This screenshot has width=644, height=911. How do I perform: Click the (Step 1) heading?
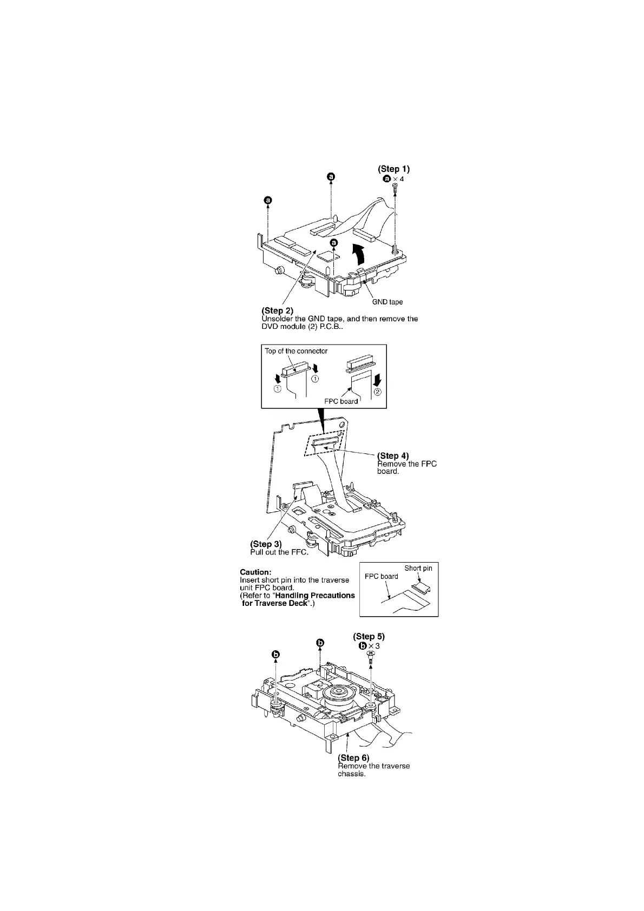click(397, 169)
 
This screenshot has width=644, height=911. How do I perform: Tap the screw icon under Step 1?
click(395, 188)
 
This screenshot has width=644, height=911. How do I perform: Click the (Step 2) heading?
click(277, 311)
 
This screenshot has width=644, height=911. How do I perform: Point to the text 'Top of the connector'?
click(296, 351)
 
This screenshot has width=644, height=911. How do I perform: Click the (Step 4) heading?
click(393, 456)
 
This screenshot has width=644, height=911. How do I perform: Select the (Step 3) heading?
click(266, 544)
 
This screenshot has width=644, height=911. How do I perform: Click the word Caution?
click(255, 572)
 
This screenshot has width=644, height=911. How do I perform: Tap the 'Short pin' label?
click(418, 568)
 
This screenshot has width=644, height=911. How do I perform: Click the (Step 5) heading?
click(369, 637)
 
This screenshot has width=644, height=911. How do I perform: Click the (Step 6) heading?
click(353, 758)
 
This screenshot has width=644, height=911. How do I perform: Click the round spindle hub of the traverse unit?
click(337, 692)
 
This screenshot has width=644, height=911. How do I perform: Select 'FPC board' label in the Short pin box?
click(381, 577)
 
